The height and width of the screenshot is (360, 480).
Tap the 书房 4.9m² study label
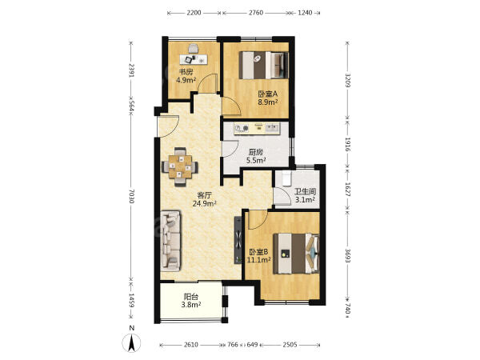pos(186,76)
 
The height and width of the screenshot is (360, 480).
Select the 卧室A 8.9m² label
pos(267,98)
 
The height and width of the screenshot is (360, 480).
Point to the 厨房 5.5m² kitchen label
pos(256,156)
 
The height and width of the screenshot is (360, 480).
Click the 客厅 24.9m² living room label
pos(205,199)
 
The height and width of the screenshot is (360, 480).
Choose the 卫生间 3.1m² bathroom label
pos(305,196)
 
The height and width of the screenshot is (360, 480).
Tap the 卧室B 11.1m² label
pos(258,256)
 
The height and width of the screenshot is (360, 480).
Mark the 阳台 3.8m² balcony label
pos(191,301)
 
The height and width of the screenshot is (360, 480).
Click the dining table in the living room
pos(180,167)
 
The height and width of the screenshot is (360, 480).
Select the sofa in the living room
pos(170,241)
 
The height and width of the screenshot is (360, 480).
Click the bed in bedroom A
pos(264,66)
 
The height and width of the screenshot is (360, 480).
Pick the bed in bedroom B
pos(296,254)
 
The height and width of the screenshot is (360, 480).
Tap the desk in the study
pos(194,59)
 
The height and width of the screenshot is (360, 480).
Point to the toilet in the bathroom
pos(286,178)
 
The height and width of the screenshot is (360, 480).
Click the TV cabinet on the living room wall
pos(238,240)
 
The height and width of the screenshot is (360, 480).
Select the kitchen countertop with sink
pos(257,129)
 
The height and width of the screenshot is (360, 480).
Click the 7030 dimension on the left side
pos(131,196)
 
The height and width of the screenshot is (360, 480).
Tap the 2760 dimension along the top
pos(256,13)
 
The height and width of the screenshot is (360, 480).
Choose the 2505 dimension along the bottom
pos(290,345)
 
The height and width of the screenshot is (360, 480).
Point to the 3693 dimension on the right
pos(348,255)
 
